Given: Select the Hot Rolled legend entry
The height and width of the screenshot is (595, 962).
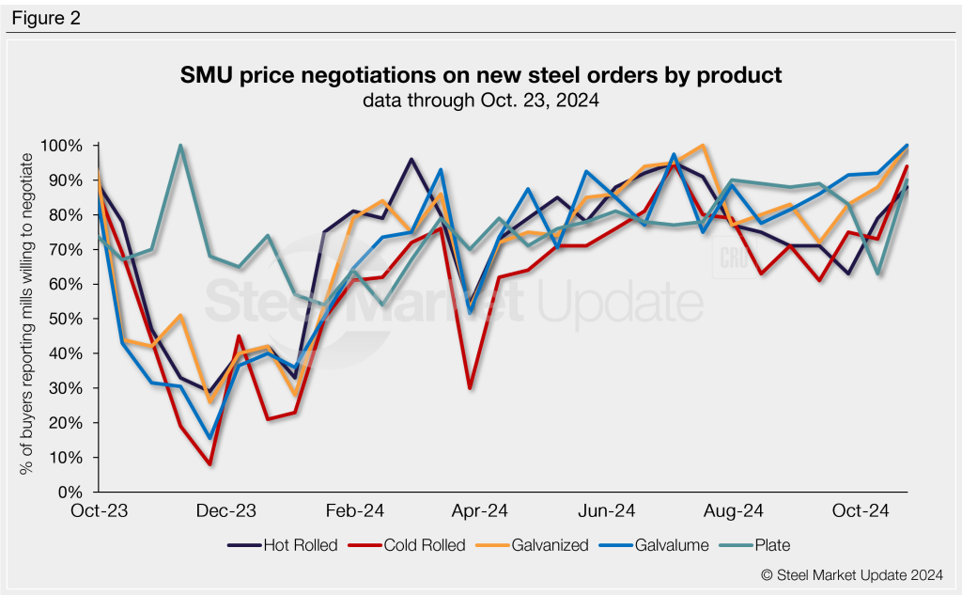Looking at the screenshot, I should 282,544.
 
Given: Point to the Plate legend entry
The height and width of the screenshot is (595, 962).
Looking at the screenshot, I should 769,544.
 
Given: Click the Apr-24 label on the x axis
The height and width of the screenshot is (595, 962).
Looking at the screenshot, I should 481,510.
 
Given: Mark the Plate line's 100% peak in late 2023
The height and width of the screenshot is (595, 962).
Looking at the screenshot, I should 180,146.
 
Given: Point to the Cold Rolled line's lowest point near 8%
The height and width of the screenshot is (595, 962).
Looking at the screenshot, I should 210,464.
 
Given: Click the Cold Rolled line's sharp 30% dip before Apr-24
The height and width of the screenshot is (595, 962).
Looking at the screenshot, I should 469,387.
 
